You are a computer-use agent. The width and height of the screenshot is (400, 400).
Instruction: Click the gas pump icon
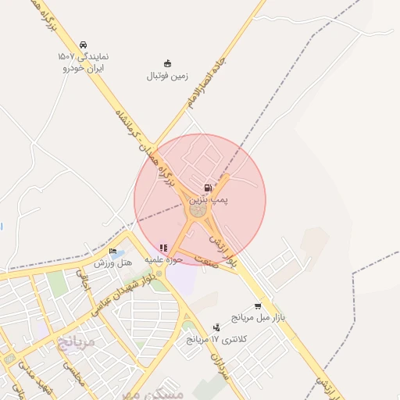click(207, 188)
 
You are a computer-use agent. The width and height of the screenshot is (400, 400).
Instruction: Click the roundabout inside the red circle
click(198, 209)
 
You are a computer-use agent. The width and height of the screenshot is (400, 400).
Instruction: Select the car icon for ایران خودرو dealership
click(83, 45)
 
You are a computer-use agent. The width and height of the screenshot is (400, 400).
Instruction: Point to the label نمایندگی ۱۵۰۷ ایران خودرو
click(82, 62)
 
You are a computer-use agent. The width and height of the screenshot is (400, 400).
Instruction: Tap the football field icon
click(167, 64)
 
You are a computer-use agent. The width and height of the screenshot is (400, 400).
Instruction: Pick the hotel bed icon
click(113, 252)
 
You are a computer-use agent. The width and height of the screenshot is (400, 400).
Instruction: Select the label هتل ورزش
click(113, 263)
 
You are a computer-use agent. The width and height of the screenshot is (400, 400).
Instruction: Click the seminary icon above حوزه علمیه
click(163, 248)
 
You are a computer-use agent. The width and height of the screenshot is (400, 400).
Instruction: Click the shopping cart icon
click(258, 306)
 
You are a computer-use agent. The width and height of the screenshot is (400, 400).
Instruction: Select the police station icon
click(216, 327)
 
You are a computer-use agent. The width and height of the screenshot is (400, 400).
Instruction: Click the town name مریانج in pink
click(76, 341)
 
